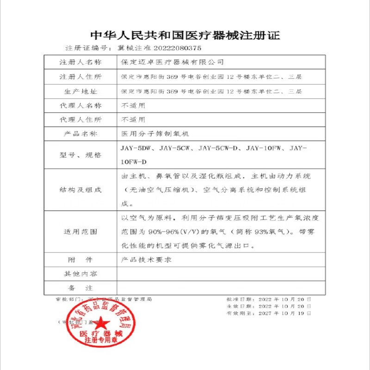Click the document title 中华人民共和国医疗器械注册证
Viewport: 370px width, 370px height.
point(185,35)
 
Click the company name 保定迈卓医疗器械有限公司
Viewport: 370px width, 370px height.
point(172,62)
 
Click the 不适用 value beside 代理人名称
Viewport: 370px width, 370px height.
point(133,105)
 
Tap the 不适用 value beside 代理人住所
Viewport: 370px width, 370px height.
point(133,119)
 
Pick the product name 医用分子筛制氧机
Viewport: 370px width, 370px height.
point(155,134)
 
